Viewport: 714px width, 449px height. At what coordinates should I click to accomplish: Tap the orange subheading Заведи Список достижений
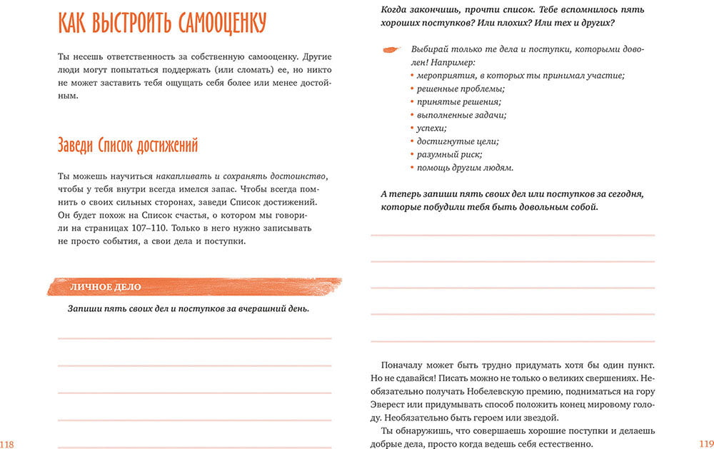[x=128, y=146]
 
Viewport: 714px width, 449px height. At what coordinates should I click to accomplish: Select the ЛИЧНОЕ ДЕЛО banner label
[x=105, y=287]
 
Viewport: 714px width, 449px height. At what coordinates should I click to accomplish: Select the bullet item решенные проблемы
[x=461, y=89]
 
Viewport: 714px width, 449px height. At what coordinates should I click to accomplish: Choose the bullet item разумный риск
[x=450, y=154]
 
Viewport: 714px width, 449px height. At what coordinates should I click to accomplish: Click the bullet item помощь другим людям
[x=465, y=168]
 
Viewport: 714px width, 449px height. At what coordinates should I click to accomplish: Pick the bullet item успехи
[x=432, y=128]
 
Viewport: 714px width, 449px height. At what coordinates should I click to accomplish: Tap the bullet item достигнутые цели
[x=458, y=141]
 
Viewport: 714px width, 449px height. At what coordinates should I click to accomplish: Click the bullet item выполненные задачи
[x=462, y=115]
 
